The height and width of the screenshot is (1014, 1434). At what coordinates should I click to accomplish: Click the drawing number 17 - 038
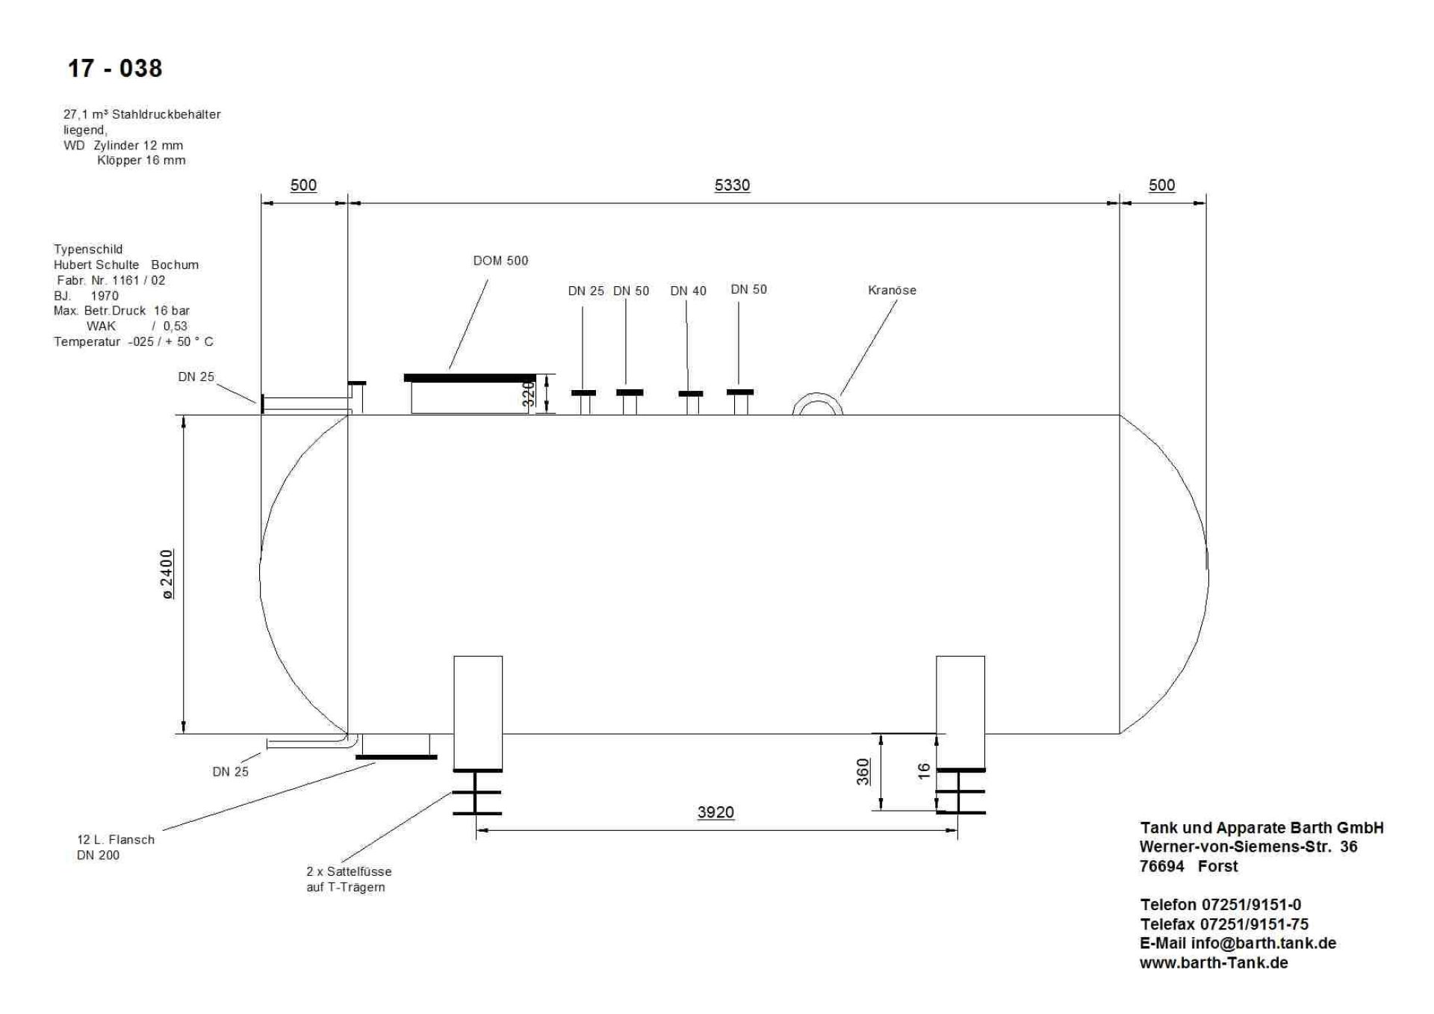click(115, 69)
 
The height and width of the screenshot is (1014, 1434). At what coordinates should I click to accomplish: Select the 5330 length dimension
click(732, 185)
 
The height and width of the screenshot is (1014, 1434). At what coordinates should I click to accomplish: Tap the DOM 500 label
click(500, 261)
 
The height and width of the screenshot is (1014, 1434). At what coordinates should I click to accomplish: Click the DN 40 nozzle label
click(688, 291)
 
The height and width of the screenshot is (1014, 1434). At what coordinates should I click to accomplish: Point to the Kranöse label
click(892, 290)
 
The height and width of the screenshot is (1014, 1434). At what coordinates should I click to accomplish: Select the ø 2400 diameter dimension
click(167, 574)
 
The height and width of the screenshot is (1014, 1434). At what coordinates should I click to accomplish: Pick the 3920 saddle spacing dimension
click(716, 812)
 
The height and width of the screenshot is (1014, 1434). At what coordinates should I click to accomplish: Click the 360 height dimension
click(863, 772)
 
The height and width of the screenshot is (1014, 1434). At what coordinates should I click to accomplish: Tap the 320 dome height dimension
click(528, 395)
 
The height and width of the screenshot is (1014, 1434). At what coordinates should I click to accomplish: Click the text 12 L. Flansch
click(116, 839)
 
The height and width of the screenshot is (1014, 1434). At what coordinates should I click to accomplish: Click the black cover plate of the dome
click(469, 378)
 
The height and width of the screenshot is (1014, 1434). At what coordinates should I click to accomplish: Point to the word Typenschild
click(88, 249)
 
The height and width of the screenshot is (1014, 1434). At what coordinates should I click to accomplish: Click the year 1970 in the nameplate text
click(105, 295)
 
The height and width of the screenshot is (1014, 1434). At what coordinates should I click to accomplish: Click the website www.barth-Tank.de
click(1214, 962)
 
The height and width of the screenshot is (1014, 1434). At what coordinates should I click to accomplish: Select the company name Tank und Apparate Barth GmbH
click(1261, 828)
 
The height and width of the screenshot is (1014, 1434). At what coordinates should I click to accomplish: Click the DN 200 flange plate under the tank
click(396, 757)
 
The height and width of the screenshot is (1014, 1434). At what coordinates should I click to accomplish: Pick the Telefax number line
click(1223, 924)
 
